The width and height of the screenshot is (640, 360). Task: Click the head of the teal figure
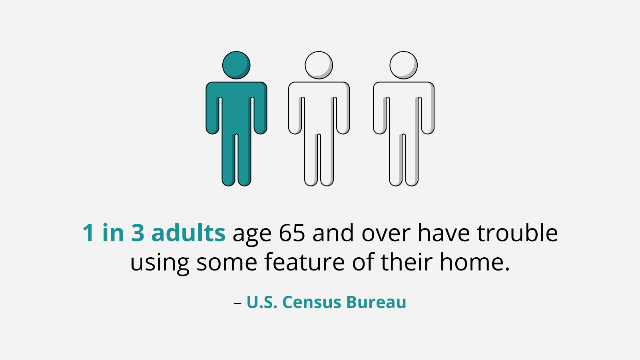click(x=236, y=65)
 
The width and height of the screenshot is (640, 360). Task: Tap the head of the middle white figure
click(x=319, y=65)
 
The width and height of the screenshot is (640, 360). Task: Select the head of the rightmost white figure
click(x=403, y=65)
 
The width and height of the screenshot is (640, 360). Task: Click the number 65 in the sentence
click(x=292, y=233)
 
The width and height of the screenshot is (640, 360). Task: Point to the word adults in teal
click(x=189, y=233)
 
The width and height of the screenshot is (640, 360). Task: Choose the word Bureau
click(x=376, y=302)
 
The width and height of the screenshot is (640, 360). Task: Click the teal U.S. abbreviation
click(x=262, y=302)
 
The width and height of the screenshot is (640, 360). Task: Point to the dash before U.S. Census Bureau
click(x=238, y=303)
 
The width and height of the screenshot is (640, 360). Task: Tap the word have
click(x=444, y=233)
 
